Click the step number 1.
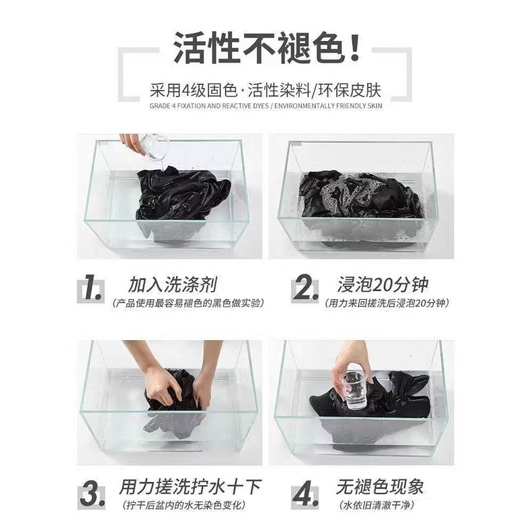[x=93, y=290]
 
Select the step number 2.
[x=304, y=290]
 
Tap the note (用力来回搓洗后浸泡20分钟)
[x=386, y=302]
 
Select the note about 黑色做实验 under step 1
[x=188, y=302]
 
